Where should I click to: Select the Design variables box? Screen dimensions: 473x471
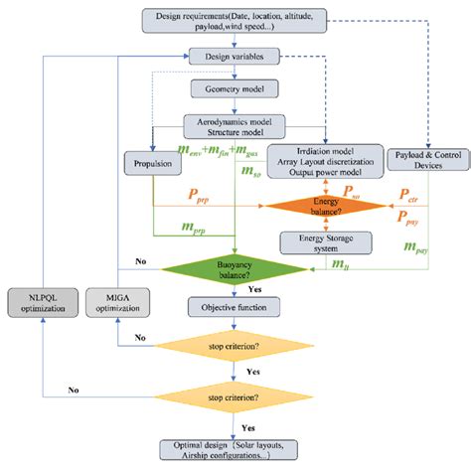click(235, 59)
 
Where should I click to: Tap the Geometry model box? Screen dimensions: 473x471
click(235, 88)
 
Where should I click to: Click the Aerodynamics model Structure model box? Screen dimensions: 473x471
click(235, 125)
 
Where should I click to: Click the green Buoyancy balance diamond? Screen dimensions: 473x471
click(235, 269)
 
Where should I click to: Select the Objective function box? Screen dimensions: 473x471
click(235, 309)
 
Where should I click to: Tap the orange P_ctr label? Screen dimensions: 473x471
click(407, 195)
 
